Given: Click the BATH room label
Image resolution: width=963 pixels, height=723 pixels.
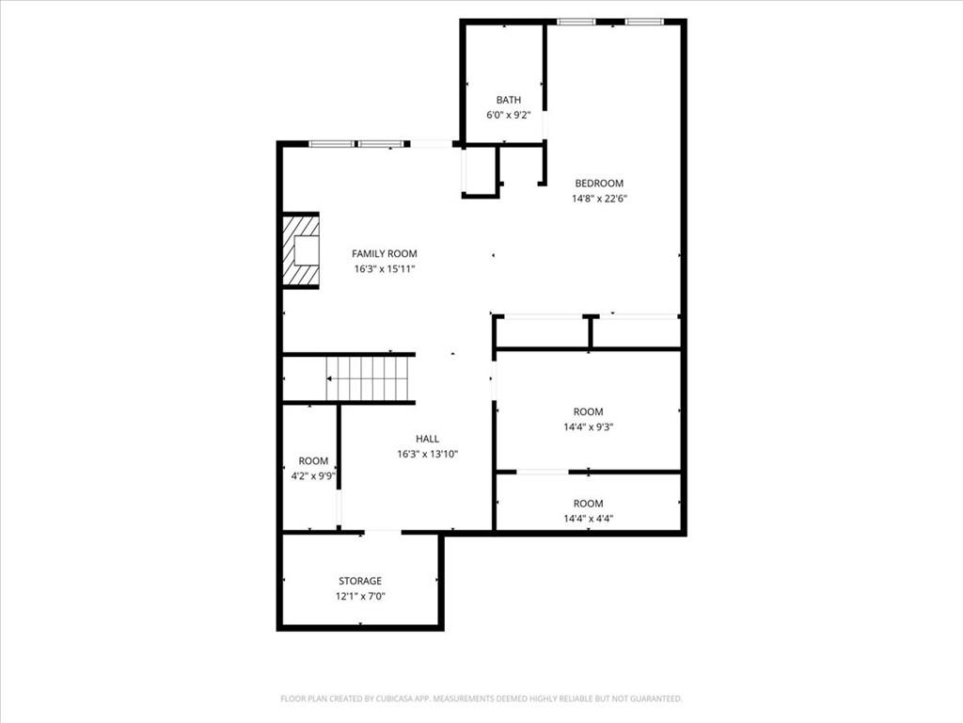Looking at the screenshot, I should click(x=509, y=100).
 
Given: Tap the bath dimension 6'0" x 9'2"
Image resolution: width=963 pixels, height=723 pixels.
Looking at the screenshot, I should click(x=509, y=115).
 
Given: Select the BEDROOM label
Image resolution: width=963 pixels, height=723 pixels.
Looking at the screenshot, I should click(x=599, y=184).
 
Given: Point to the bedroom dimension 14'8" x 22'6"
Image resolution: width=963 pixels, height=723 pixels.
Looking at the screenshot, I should click(x=599, y=199).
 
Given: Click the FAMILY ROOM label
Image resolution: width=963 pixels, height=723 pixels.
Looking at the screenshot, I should click(x=385, y=253).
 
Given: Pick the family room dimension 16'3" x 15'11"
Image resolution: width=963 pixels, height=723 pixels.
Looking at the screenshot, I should click(x=385, y=268).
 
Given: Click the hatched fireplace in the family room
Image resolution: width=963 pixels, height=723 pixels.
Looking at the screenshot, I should click(x=301, y=251).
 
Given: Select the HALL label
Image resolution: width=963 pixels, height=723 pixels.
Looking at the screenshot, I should click(x=428, y=439).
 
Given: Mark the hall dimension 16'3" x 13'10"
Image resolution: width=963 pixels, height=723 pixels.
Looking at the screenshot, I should click(x=428, y=454).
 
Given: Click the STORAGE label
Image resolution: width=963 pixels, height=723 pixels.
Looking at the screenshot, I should click(x=360, y=581).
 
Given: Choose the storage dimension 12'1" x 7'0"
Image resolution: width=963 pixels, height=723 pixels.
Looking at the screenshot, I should click(x=360, y=596).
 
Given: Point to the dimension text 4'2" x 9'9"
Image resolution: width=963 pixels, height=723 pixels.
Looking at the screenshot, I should click(x=313, y=476).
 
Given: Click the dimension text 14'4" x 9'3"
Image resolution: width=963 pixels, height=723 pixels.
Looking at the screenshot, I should click(x=589, y=426).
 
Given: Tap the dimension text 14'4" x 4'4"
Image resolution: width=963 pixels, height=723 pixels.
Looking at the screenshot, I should click(x=589, y=519).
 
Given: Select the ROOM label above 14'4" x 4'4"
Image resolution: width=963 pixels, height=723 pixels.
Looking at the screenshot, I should click(x=589, y=504).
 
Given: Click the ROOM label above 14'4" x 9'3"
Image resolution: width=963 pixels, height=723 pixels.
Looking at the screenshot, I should click(x=589, y=411).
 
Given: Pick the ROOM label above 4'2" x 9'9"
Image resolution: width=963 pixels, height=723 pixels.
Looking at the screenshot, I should click(x=313, y=461).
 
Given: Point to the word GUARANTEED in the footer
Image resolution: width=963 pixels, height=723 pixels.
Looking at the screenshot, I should click(x=652, y=699).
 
